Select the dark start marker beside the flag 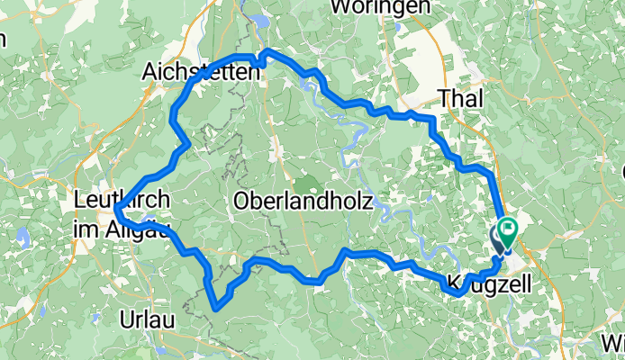coord(498,240)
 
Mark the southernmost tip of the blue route coord(216,309)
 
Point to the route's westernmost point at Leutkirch coord(117,210)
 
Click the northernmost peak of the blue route coord(268,51)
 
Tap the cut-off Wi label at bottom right coord(614,343)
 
